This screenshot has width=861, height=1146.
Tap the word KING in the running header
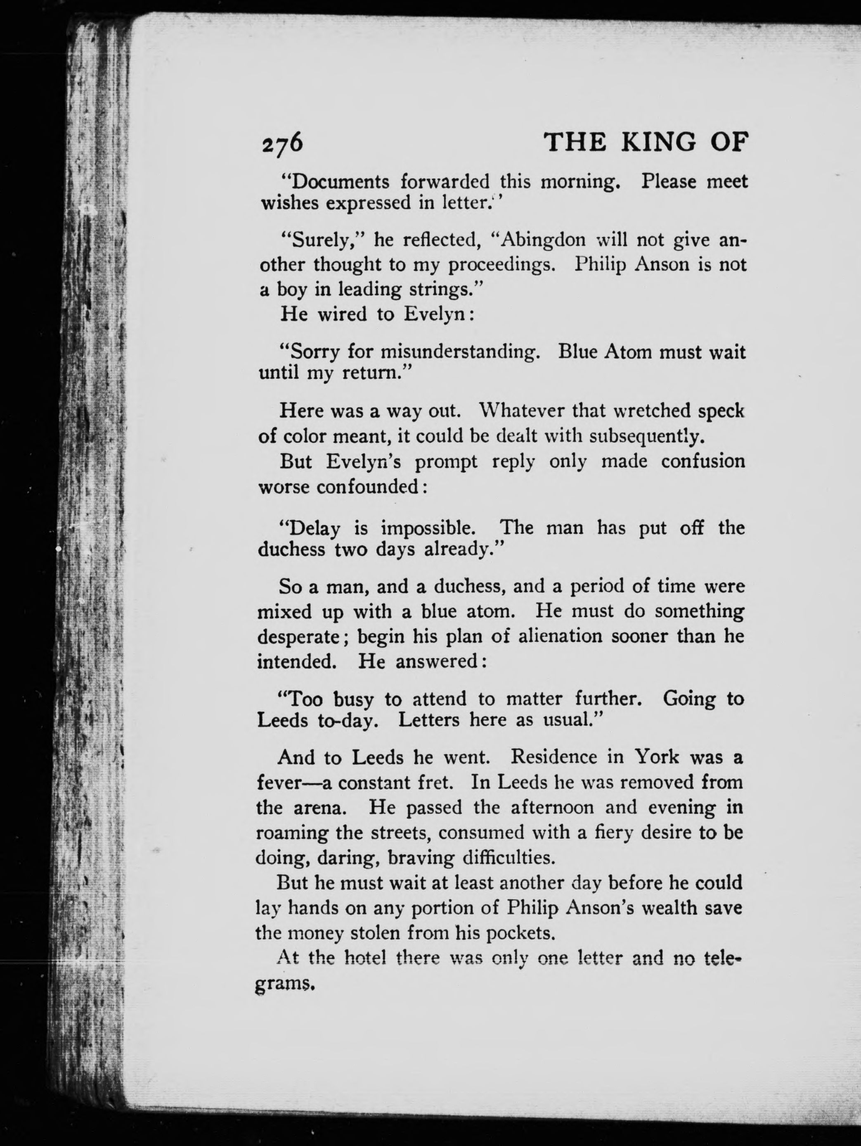point(659,142)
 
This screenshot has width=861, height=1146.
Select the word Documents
point(338,182)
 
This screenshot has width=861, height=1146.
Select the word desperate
point(298,637)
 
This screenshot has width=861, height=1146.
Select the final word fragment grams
point(285,984)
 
